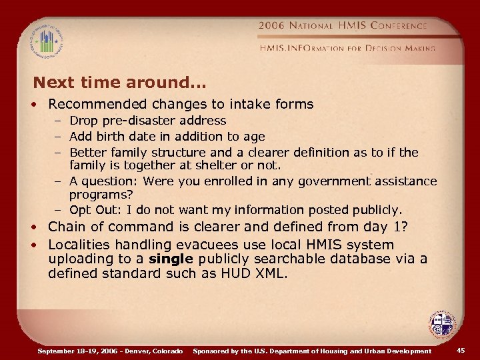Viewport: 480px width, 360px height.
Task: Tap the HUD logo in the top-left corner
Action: coord(46,41)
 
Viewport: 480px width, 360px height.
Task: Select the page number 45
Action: coord(461,351)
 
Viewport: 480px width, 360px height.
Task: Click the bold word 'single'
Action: coord(171,259)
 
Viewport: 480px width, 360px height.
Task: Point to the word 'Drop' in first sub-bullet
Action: coord(83,121)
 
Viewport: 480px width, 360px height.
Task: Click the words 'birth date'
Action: coord(123,136)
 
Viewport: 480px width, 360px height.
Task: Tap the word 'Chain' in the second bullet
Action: coord(67,227)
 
